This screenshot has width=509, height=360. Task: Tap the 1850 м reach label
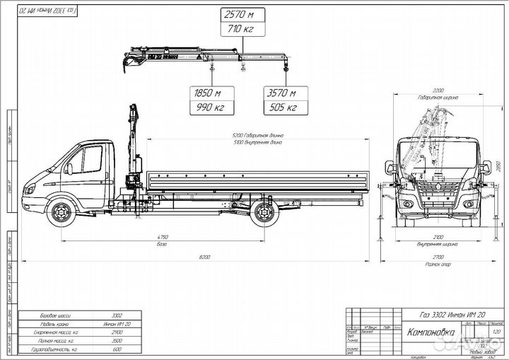[208, 93]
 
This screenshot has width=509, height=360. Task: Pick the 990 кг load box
[208, 108]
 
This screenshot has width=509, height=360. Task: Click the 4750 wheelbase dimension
[163, 237]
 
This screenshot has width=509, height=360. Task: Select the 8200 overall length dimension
[205, 257]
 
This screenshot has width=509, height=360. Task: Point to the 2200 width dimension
[438, 91]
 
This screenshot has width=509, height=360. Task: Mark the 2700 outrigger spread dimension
[438, 258]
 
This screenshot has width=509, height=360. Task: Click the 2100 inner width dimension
[438, 238]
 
